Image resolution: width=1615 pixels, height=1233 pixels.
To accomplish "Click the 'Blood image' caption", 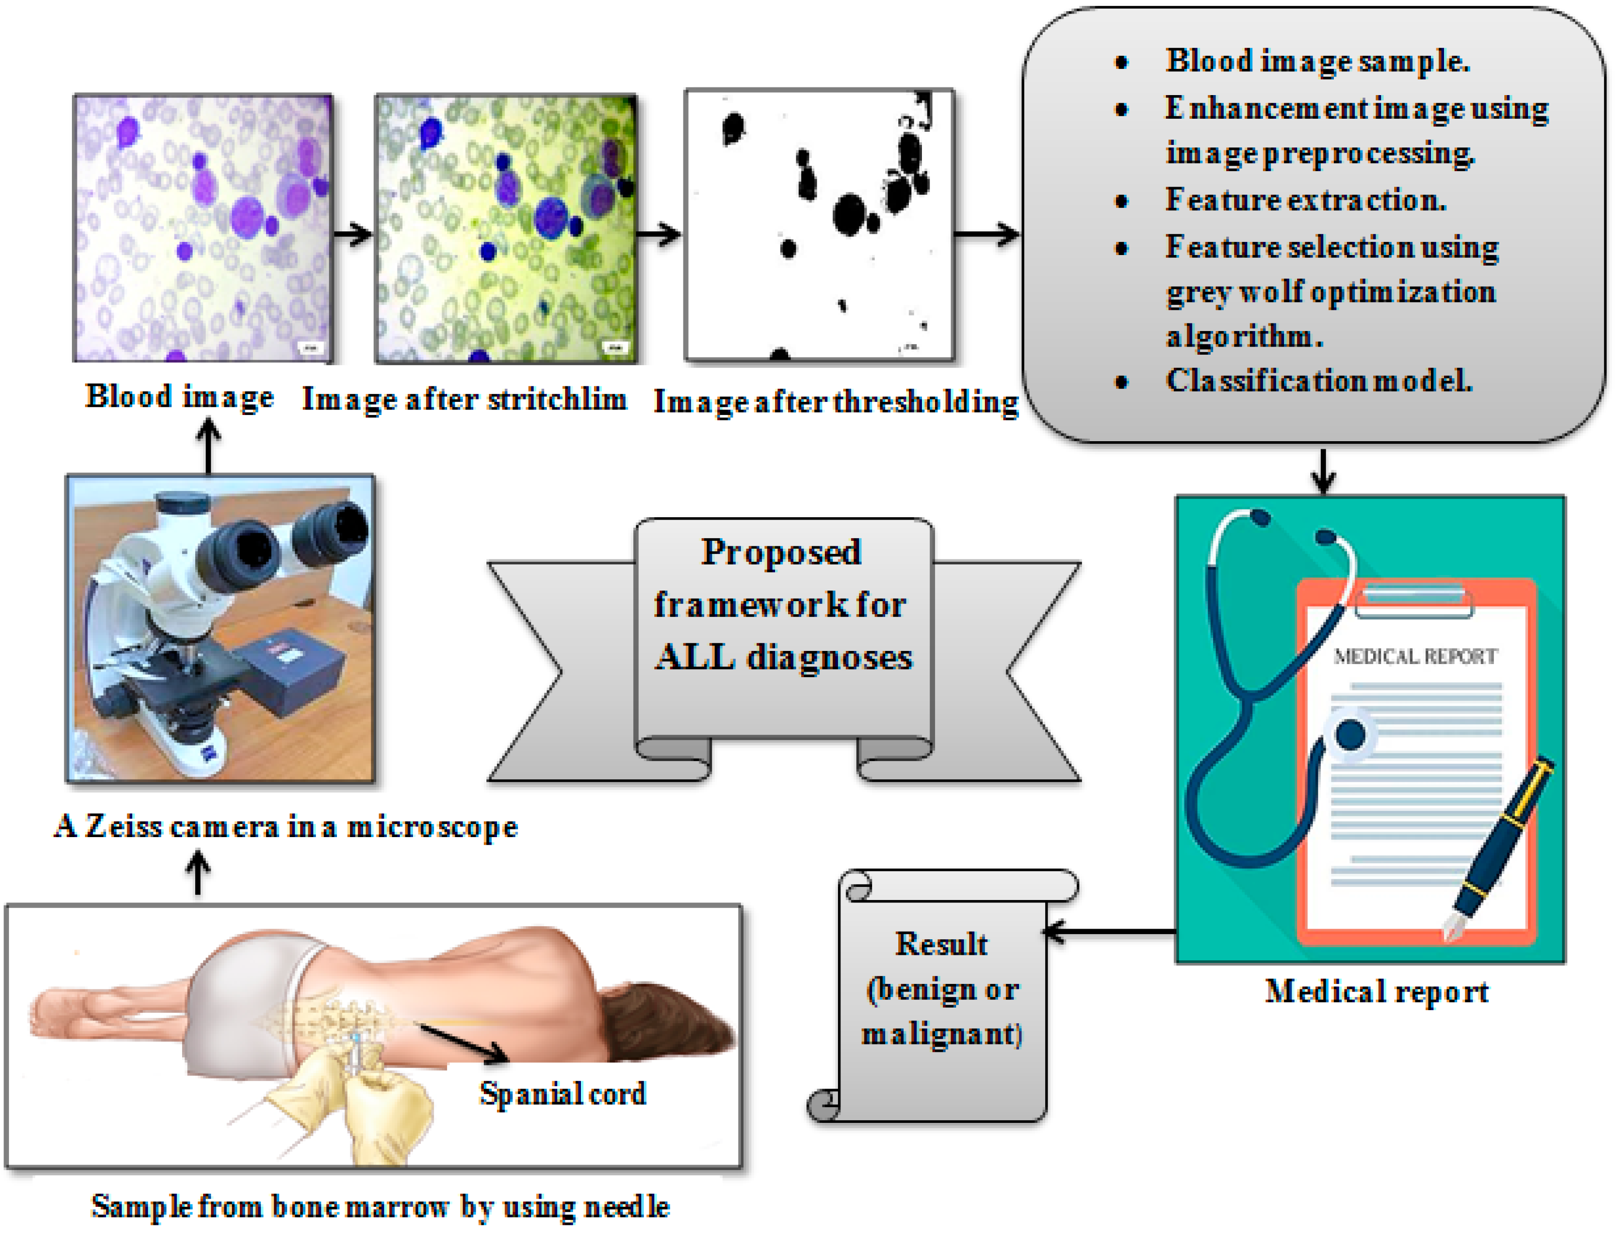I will [179, 397].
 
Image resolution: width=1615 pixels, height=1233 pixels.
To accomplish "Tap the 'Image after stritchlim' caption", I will [464, 400].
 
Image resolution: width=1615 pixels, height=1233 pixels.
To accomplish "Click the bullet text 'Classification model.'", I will [1319, 381].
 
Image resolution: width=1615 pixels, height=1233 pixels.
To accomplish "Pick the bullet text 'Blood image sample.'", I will [1317, 61].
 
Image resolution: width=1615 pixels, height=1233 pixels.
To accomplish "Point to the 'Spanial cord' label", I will [563, 1094].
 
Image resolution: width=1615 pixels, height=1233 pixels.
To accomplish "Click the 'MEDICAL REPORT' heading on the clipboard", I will [1415, 656].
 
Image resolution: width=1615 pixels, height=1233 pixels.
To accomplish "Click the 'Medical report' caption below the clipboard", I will [1377, 992].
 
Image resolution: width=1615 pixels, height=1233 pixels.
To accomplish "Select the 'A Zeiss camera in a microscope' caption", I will [286, 827].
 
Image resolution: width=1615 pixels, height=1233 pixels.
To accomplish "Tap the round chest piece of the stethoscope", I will [1350, 734].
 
